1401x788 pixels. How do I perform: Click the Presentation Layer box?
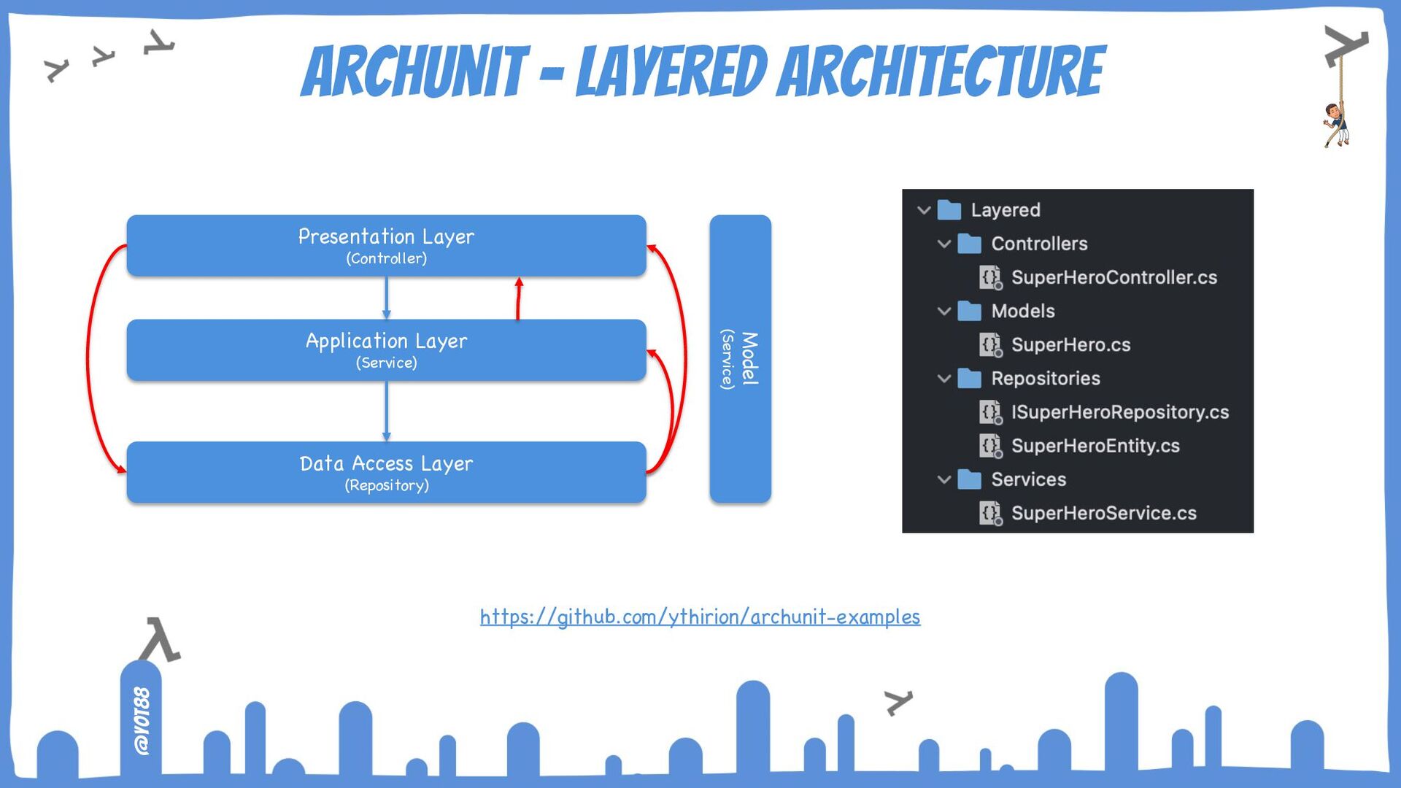point(386,245)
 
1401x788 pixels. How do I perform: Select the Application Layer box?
point(386,349)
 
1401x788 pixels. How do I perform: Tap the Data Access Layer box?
point(386,472)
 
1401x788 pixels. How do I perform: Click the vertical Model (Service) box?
point(740,358)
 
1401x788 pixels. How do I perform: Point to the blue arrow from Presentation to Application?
point(386,298)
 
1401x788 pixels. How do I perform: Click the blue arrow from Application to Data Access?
point(386,411)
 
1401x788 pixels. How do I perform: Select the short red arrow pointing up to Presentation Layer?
point(519,298)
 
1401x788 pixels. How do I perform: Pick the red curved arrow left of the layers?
point(89,358)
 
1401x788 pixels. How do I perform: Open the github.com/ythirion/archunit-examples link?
point(700,617)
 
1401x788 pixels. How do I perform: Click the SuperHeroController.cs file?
point(1114,277)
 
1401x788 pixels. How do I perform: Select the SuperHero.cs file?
point(1070,344)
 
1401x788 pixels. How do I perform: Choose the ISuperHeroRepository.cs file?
point(1119,412)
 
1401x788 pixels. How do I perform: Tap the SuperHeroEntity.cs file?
point(1095,446)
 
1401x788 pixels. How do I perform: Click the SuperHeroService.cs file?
point(1103,513)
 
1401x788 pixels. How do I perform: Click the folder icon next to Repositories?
point(969,378)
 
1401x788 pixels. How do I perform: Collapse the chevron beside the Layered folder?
point(924,210)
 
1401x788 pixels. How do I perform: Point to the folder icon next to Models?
point(969,311)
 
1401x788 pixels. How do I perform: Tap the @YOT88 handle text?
point(142,720)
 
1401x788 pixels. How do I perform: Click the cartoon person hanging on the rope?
point(1336,124)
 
